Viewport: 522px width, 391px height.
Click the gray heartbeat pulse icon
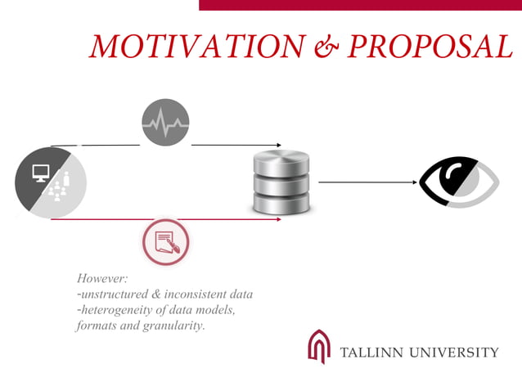click(165, 123)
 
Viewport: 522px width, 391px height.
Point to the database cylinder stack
click(281, 182)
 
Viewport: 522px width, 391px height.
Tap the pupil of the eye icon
click(452, 179)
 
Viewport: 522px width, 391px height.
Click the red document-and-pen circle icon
click(166, 242)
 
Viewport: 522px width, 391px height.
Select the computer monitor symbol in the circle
click(41, 173)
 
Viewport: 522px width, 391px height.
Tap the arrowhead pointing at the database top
click(277, 145)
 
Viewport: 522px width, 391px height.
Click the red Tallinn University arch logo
click(318, 346)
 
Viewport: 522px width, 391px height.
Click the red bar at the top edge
click(360, 5)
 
